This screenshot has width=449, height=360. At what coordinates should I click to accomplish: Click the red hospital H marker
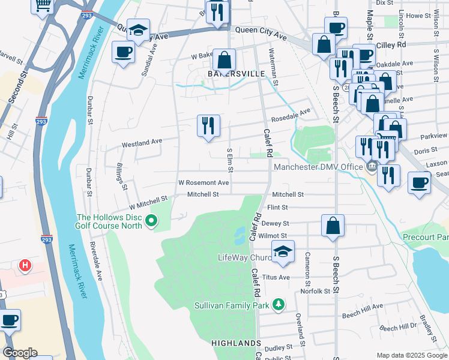pos(25,265)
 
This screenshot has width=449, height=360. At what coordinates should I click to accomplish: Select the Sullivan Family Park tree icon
pos(277,305)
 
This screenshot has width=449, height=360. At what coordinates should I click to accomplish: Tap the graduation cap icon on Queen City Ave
pos(138,31)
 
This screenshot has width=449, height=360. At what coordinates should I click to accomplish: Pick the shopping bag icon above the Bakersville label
pos(224,60)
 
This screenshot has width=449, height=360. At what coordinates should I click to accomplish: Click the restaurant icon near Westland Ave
pos(208,126)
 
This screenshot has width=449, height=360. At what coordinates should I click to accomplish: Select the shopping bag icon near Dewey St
pos(333,226)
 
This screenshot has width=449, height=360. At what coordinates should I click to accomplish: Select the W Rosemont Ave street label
pos(203,182)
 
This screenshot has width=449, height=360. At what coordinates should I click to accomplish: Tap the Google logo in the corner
pos(20,353)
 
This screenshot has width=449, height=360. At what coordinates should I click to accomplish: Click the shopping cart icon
pos(43,5)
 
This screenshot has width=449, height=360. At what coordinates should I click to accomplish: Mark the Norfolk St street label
pos(317,291)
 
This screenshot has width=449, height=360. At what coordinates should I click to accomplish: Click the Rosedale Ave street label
pos(291,115)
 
